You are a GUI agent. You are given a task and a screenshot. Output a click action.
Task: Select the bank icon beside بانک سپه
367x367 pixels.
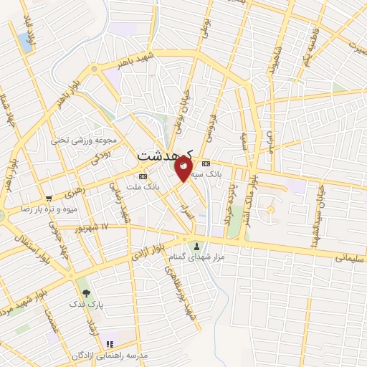(x=206, y=163)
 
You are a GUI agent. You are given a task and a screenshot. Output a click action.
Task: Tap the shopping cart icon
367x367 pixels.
(x=49, y=199)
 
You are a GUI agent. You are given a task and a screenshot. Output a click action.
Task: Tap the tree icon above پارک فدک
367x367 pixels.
(x=86, y=292)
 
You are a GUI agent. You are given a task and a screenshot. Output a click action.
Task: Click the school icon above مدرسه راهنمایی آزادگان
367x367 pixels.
(x=108, y=344)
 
